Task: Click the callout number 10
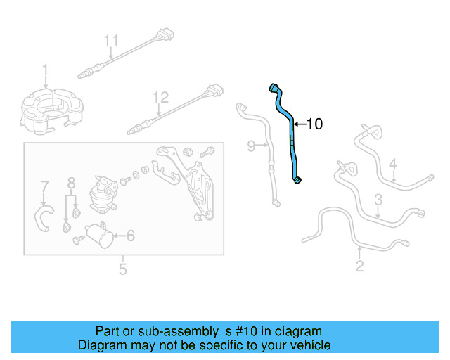[315, 124]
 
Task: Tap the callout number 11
[111, 41]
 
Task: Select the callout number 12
[161, 98]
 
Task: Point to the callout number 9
[251, 146]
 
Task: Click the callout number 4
[393, 164]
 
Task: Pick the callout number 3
[378, 200]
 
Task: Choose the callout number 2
[359, 266]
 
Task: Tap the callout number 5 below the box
[123, 269]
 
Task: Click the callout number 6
[131, 236]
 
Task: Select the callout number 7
[44, 186]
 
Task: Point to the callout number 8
[71, 183]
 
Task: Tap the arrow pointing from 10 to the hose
[300, 124]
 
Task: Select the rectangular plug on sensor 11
[166, 34]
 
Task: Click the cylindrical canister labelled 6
[99, 236]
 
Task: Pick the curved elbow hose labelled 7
[44, 217]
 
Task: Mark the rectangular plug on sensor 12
[215, 91]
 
